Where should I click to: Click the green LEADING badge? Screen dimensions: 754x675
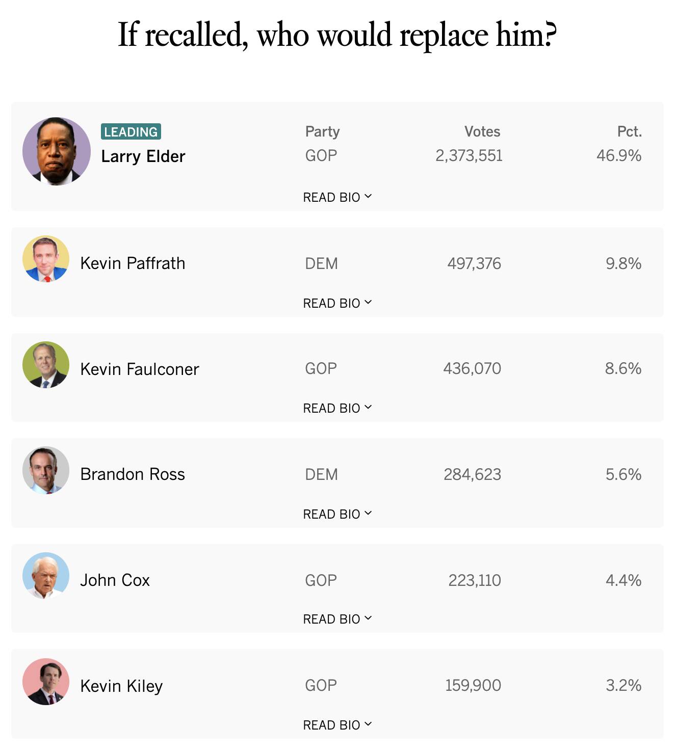point(131,131)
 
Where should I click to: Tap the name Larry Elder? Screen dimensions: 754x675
point(143,156)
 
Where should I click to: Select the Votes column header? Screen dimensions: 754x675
point(482,131)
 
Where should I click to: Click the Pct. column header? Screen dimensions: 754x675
point(629,131)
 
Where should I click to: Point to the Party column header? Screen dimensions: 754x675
point(322,131)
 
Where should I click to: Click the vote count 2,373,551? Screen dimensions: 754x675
point(469,155)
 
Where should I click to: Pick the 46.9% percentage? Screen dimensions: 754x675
point(618,155)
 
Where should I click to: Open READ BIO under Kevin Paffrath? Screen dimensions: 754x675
point(337,303)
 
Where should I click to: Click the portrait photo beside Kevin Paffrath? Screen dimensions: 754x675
point(46,259)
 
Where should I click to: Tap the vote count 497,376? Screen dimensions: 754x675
point(474,263)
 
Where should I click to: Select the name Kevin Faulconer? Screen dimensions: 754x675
point(139,369)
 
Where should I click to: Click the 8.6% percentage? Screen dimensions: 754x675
point(623,368)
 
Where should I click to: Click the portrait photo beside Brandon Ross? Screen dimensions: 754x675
point(46,470)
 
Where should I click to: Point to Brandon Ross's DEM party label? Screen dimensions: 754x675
point(321,474)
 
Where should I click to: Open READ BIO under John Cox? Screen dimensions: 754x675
point(337,619)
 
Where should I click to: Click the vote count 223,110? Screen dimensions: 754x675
point(475,580)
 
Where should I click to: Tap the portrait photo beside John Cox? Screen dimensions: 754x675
point(46,576)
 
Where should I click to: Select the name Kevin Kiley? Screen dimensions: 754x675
point(121,686)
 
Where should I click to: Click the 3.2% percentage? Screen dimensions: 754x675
point(623,685)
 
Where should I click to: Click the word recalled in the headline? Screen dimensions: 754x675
point(196,36)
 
